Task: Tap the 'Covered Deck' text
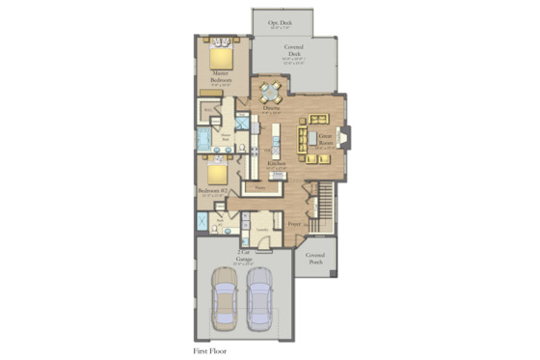[294, 50]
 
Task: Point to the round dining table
[269, 94]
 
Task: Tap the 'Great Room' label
[325, 141]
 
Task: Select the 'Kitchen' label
[279, 165]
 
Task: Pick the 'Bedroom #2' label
[213, 191]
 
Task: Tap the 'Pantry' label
[259, 189]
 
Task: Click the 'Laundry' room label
[260, 230]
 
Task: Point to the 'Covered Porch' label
[315, 258]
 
